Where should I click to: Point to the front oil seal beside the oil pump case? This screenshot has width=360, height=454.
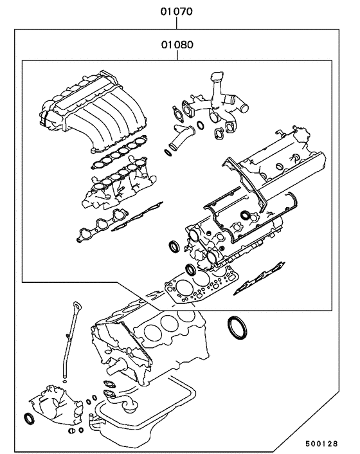pos(30,419)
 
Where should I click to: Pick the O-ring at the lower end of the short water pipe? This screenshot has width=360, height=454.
pos(168,152)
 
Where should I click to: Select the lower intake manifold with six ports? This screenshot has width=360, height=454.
pos(116,186)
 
